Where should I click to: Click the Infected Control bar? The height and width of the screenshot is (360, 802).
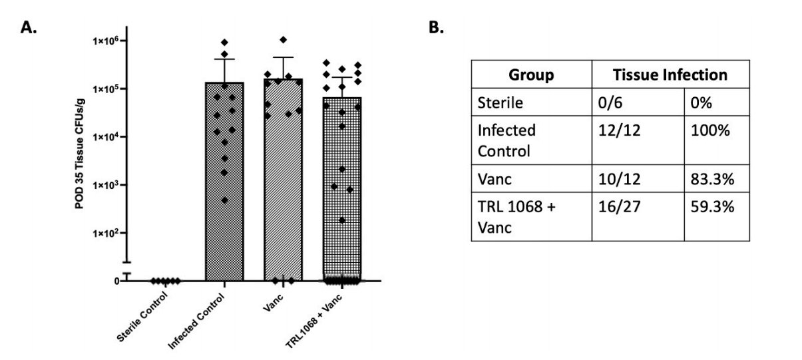(224, 182)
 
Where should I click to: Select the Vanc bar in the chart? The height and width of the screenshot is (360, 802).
(284, 180)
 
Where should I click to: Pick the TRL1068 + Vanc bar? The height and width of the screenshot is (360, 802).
(342, 189)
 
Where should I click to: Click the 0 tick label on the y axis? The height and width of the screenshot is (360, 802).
(116, 281)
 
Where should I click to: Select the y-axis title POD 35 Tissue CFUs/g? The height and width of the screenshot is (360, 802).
(79, 153)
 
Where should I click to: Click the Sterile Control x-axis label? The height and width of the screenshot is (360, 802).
(142, 317)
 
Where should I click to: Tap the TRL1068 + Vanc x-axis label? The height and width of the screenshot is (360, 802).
(313, 321)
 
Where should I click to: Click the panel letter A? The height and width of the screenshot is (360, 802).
(28, 27)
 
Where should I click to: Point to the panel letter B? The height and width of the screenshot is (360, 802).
(436, 27)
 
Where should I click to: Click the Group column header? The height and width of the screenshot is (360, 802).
(531, 75)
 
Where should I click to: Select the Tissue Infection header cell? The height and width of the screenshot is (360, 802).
(670, 75)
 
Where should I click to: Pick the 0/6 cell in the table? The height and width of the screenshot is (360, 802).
(610, 102)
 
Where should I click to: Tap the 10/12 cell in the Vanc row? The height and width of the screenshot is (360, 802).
(619, 179)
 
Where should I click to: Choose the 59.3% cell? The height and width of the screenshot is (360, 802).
(712, 207)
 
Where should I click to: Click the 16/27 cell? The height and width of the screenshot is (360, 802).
(619, 207)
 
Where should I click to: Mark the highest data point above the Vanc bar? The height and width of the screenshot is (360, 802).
(284, 39)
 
